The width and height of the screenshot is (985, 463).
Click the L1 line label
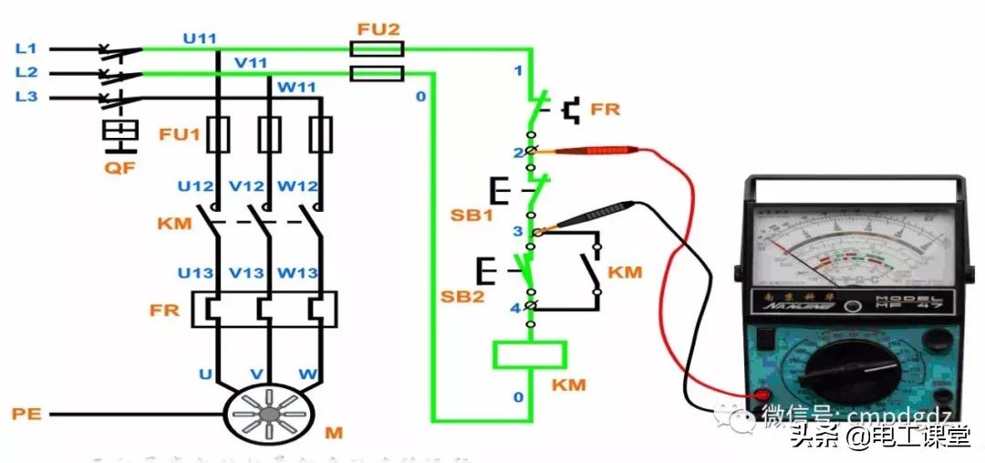26,47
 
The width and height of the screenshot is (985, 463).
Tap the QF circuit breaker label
119,168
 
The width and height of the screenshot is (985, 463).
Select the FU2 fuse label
378,28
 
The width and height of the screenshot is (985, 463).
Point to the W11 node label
295,88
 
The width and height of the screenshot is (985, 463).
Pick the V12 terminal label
246,186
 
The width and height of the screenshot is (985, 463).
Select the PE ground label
26,415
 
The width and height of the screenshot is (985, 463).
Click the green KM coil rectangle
529,354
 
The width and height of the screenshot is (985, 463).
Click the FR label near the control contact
605,110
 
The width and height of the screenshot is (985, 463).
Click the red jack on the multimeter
756,395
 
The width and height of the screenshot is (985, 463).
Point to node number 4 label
514,309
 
